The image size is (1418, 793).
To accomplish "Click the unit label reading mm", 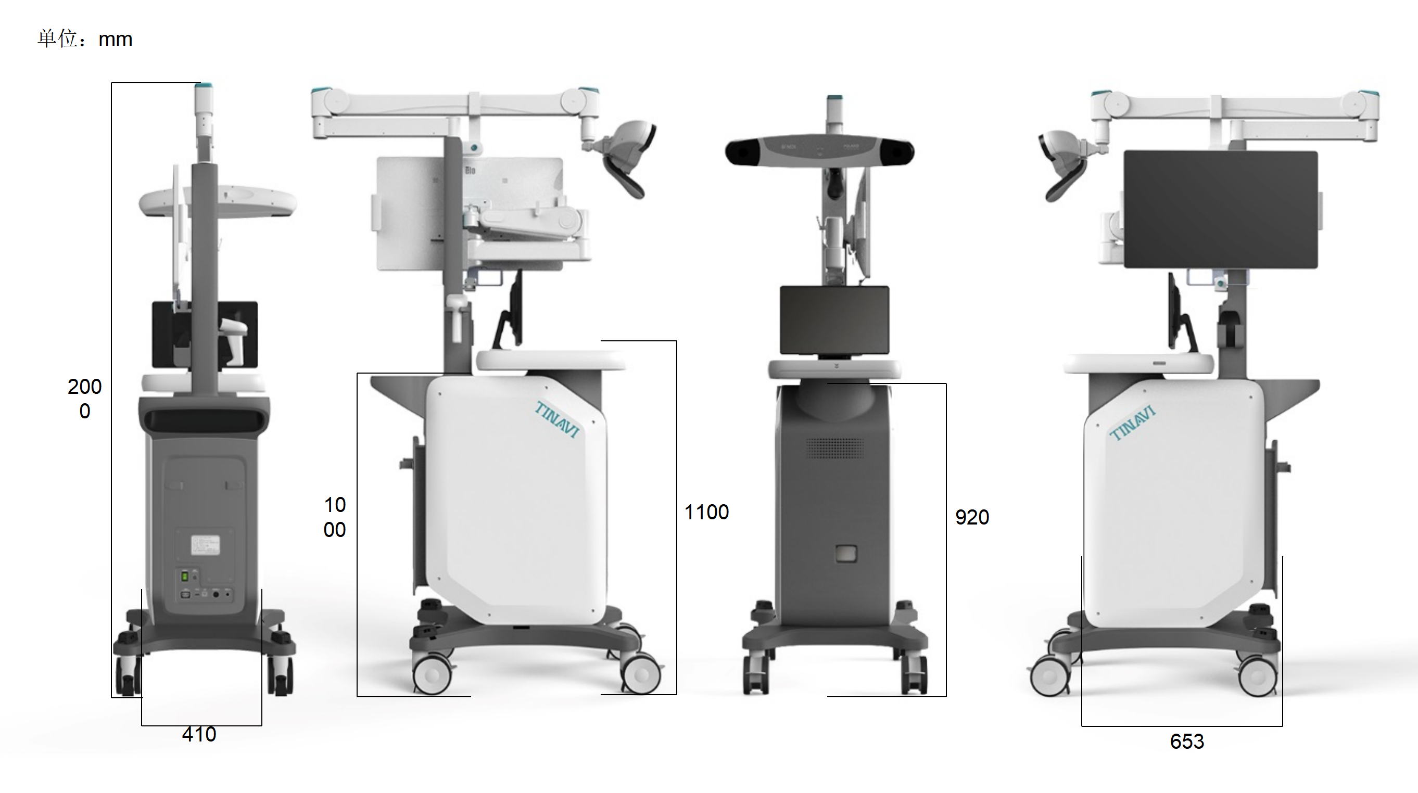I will coord(115,40).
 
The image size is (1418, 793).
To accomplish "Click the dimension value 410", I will coord(199,734).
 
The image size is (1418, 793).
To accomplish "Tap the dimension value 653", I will coord(1187,741).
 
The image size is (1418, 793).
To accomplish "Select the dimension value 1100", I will coord(706,513).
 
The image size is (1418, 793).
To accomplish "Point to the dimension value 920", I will coord(971,517).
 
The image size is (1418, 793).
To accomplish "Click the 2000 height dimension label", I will coord(85,399).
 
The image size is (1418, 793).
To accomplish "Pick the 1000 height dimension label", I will coord(335,517).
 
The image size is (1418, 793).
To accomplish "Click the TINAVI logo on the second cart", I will coord(558,419).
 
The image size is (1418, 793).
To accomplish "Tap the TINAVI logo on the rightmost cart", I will coord(1132,423).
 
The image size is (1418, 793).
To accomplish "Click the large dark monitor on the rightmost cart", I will coord(1220,209).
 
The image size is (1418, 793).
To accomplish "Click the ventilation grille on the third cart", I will coord(834,448).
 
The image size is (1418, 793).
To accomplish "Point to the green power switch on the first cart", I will coord(185,576).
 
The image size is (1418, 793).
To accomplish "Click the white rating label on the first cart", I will coord(205,545).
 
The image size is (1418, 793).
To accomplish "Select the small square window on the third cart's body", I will coord(845,553).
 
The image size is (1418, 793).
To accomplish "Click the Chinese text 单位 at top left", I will coord(57,39).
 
